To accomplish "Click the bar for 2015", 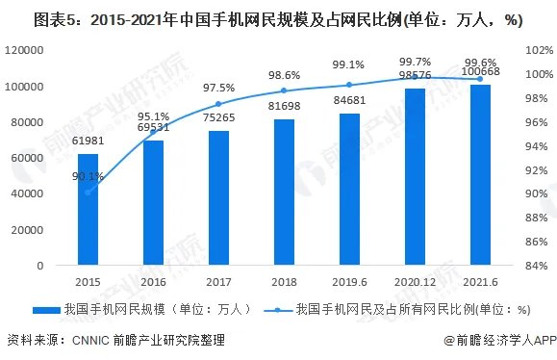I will click(x=88, y=209).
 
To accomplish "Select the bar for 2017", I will click(x=218, y=197).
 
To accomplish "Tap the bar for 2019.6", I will click(x=348, y=189).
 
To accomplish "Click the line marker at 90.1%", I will click(x=88, y=193).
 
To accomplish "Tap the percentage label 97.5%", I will click(x=219, y=89).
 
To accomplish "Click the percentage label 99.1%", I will click(x=348, y=65).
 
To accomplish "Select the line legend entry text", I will click(x=414, y=309).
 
